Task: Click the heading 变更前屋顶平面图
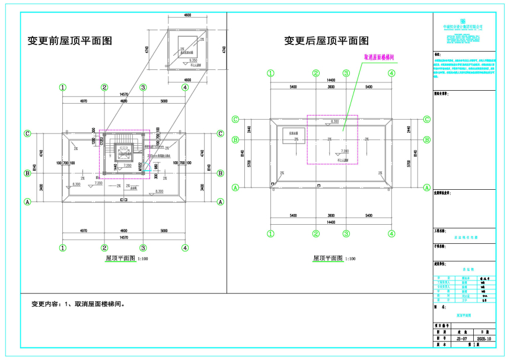70,41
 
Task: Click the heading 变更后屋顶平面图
326,41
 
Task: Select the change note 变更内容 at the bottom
79,304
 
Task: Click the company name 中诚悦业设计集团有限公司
463,27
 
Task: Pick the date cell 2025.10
485,338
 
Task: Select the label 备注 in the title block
438,54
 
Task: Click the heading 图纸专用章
442,94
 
